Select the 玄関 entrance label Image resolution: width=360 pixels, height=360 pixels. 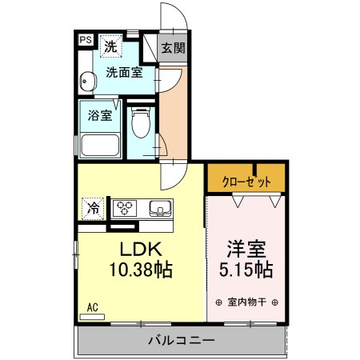tap(173, 47)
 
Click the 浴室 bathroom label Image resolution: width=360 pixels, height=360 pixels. tap(100, 114)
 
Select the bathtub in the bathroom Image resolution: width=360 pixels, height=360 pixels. tap(99, 146)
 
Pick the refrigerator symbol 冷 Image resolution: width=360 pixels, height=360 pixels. tap(94, 209)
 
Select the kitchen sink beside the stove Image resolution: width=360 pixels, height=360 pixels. tap(159, 210)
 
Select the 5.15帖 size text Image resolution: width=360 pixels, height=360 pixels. tap(246, 270)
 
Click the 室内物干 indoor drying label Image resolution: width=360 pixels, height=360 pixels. tap(246, 302)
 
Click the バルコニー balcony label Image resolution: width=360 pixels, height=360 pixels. tap(181, 342)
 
